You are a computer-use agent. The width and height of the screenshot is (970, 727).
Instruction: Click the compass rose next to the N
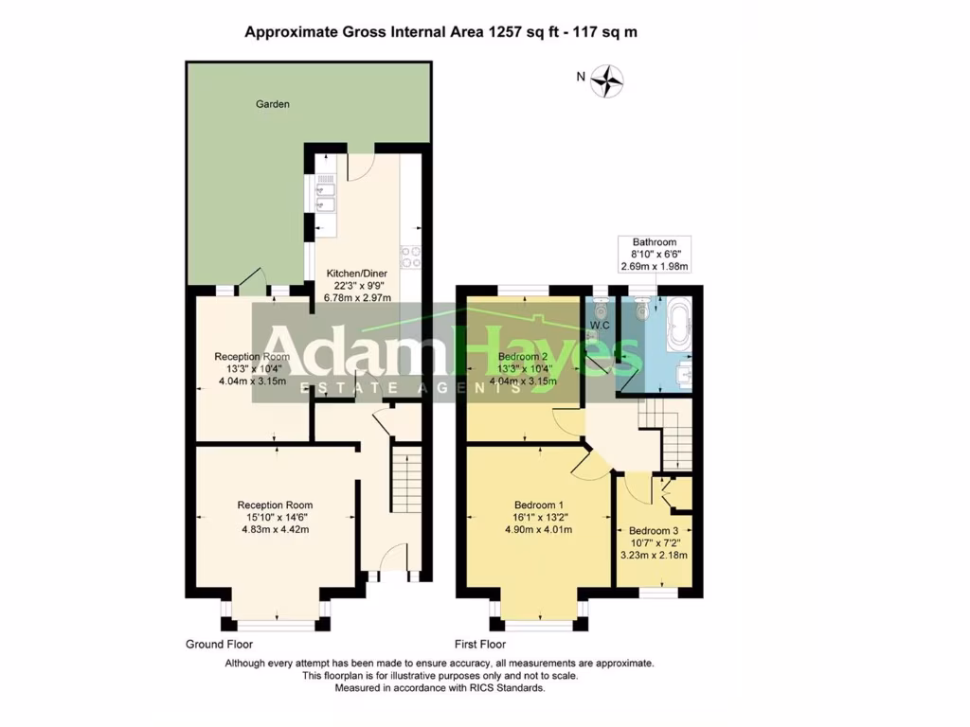click(606, 80)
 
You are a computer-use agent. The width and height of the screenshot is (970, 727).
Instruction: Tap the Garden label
click(273, 104)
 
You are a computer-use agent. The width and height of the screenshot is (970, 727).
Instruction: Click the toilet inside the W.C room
click(600, 308)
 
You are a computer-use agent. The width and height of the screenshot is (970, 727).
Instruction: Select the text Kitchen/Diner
click(350, 271)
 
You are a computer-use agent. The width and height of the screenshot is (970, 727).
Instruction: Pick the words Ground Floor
click(219, 644)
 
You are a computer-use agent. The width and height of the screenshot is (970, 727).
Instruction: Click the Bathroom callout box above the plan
click(655, 254)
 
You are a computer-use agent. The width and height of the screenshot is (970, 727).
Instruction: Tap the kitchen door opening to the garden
click(359, 166)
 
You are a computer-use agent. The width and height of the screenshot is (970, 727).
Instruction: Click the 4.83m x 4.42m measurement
click(274, 529)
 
